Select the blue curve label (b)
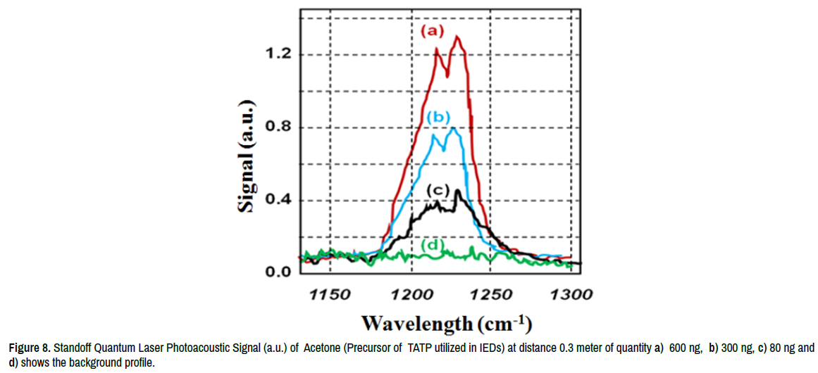(438, 118)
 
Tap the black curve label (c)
(438, 191)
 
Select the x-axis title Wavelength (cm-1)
(446, 324)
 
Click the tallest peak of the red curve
(458, 37)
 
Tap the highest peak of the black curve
(458, 191)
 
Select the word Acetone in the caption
(325, 348)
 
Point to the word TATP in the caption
(420, 348)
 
